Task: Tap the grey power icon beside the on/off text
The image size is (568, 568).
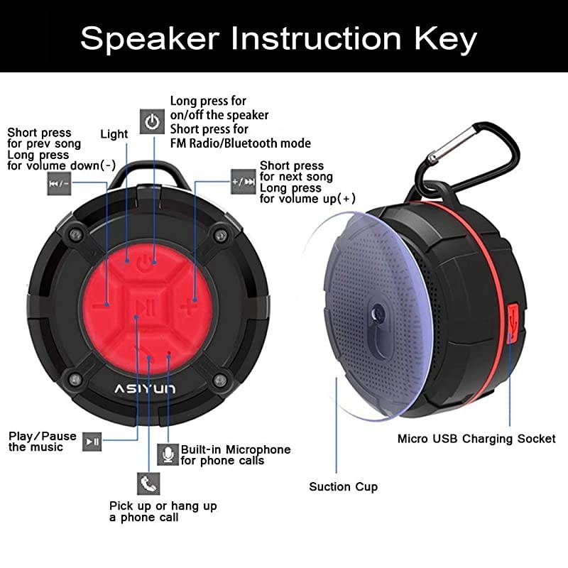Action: pyautogui.click(x=152, y=121)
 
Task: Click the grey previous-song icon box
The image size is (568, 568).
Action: pyautogui.click(x=59, y=182)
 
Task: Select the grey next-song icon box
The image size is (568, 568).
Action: pyautogui.click(x=243, y=181)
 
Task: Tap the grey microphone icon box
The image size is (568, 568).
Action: pyautogui.click(x=168, y=454)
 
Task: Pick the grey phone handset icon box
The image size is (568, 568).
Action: pyautogui.click(x=148, y=484)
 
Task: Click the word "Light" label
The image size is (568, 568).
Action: pyautogui.click(x=114, y=133)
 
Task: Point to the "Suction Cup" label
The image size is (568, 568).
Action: pyautogui.click(x=343, y=486)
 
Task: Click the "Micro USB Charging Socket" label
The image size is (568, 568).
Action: pyautogui.click(x=476, y=439)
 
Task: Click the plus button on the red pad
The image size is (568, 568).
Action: pyautogui.click(x=187, y=307)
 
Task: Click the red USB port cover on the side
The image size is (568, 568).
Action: pyautogui.click(x=515, y=319)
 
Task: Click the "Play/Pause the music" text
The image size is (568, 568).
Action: pyautogui.click(x=42, y=442)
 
